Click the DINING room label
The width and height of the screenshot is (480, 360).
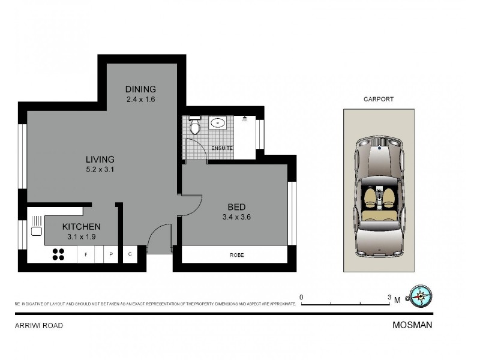140,89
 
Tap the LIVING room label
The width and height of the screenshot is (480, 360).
100,159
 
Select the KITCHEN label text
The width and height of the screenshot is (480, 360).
81,227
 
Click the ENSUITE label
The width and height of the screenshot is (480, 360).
221,148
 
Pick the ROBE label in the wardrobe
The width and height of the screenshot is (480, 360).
236,255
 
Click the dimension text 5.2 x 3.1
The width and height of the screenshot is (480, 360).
100,169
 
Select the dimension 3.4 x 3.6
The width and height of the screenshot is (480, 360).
236,217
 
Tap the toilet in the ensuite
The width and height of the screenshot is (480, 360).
194,126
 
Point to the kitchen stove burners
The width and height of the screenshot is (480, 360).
58,254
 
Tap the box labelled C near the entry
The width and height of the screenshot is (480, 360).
130,254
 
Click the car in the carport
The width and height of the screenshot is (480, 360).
379,195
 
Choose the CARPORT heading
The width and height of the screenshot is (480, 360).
379,100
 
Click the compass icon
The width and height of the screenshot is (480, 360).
421,296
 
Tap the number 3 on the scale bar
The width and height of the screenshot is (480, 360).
389,297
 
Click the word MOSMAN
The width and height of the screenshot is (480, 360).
412,325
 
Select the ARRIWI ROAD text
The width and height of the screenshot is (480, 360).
38,325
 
